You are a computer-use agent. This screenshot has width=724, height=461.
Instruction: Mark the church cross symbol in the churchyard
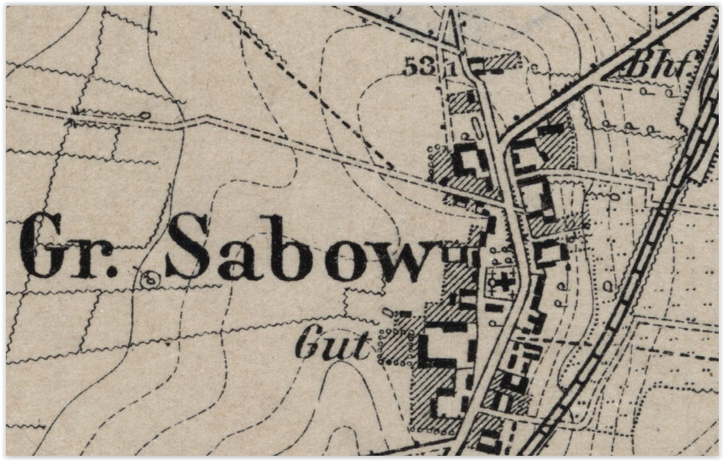pyautogui.click(x=504, y=282)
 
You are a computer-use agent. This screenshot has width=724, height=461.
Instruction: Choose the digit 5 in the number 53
pyautogui.click(x=411, y=66)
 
